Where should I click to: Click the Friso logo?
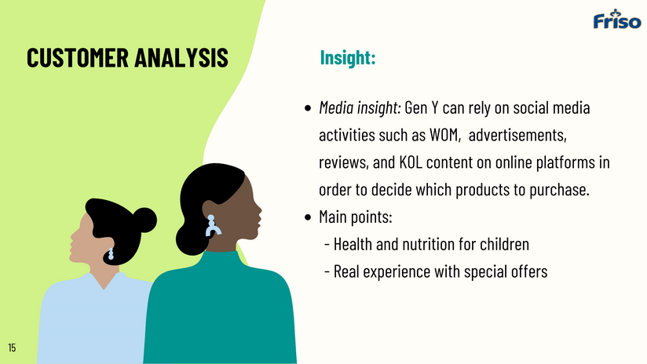coord(617,19)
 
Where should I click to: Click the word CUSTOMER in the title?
coord(78,57)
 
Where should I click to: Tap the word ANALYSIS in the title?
coord(181,57)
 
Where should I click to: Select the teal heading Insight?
coord(348,57)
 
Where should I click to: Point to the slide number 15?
coord(12,348)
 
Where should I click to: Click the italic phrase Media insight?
coord(360,107)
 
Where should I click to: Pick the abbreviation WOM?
coord(444,135)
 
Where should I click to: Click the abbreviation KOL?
coord(411,162)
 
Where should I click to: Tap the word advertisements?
coord(517,135)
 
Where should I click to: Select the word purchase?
coord(559,190)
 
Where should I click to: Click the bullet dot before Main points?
coord(308,217)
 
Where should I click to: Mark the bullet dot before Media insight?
coord(308,108)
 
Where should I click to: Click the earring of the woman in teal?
coord(213,225)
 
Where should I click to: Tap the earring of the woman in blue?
coord(111,254)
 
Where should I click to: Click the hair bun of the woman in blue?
coord(144,220)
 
